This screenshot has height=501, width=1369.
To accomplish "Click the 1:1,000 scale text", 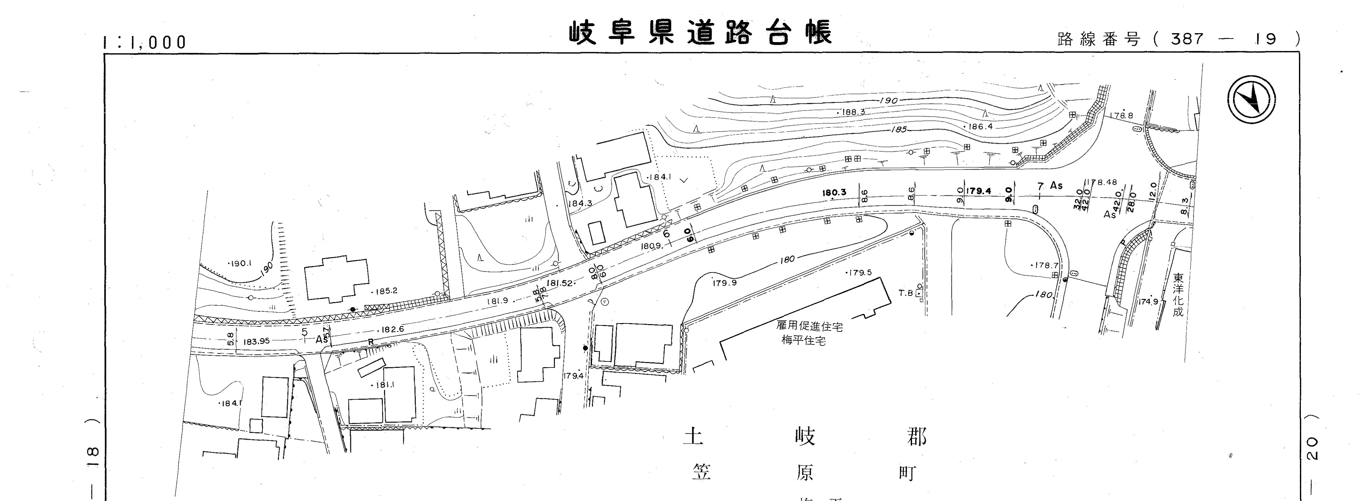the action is [145, 42].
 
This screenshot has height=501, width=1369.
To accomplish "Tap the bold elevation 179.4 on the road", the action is [978, 191].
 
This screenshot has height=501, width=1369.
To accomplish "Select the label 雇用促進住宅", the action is [809, 325].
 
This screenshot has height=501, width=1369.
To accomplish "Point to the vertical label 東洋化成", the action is [1178, 295].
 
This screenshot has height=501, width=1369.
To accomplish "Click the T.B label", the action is [906, 293].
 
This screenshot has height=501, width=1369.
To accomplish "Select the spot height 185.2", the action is [386, 291].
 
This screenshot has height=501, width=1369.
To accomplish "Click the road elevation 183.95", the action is [257, 341].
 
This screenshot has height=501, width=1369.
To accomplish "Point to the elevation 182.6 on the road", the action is [392, 329].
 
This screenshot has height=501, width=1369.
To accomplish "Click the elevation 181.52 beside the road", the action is [559, 283].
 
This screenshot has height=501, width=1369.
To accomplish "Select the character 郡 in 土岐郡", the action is [915, 437].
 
